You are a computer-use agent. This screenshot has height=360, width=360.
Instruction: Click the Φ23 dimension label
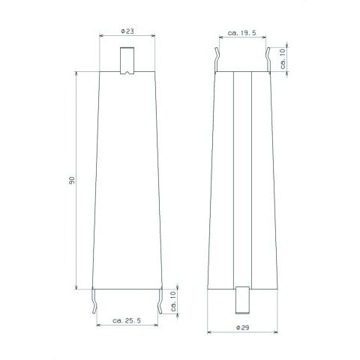pyautogui.click(x=127, y=31)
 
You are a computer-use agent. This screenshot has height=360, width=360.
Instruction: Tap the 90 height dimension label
pyautogui.click(x=72, y=180)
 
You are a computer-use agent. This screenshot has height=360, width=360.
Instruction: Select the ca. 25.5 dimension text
pyautogui.click(x=127, y=320)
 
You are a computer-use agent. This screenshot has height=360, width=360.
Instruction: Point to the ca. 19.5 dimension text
pyautogui.click(x=242, y=33)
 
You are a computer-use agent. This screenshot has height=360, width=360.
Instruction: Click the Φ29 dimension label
pyautogui.click(x=242, y=327)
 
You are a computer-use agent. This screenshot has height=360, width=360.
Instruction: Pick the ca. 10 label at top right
pyautogui.click(x=283, y=58)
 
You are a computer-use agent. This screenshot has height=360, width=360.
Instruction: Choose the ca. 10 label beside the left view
pyautogui.click(x=174, y=301)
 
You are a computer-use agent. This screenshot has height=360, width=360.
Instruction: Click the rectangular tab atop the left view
pyautogui.click(x=127, y=61)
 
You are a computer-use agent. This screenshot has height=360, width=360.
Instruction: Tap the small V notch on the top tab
pyautogui.click(x=127, y=73)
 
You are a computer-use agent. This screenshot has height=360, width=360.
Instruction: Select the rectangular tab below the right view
pyautogui.click(x=242, y=300)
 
